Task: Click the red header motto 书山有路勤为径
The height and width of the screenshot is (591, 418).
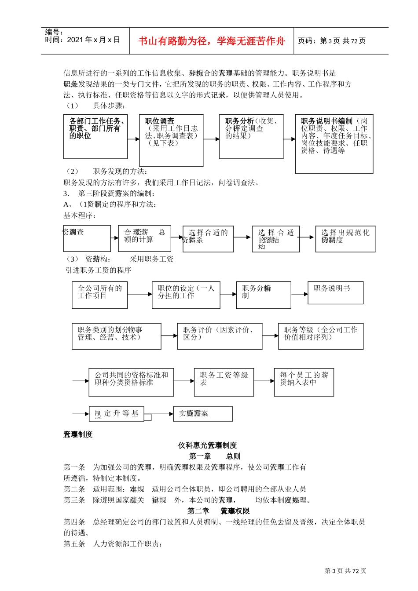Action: (x=212, y=41)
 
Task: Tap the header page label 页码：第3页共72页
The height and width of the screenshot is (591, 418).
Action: (x=332, y=41)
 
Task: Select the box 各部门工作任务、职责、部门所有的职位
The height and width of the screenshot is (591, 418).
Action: (x=95, y=137)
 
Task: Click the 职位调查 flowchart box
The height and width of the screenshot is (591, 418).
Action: (x=171, y=140)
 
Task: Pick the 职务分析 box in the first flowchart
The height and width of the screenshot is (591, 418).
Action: (x=251, y=137)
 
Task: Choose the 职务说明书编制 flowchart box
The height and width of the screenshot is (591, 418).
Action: (x=334, y=143)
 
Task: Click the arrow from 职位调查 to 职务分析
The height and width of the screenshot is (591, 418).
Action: (x=211, y=139)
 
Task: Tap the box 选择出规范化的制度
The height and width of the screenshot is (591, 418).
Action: (x=345, y=239)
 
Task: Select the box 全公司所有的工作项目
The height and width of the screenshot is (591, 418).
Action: (x=100, y=295)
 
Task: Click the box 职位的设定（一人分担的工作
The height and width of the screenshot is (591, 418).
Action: (x=186, y=295)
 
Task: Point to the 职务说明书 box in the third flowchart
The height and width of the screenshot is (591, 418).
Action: (x=335, y=293)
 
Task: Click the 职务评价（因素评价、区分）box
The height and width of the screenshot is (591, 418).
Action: (x=220, y=336)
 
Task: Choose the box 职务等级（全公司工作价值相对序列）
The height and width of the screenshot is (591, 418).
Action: (x=321, y=336)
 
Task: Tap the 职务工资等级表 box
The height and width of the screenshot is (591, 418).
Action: (x=224, y=382)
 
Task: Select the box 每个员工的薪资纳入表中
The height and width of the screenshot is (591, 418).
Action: (x=304, y=382)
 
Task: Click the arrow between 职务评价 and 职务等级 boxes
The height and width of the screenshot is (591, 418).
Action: (x=270, y=336)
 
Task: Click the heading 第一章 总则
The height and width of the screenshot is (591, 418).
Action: (x=214, y=456)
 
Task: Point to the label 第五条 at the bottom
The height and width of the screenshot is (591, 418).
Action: (x=74, y=544)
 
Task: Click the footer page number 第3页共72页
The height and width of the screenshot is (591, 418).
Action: (x=345, y=571)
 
